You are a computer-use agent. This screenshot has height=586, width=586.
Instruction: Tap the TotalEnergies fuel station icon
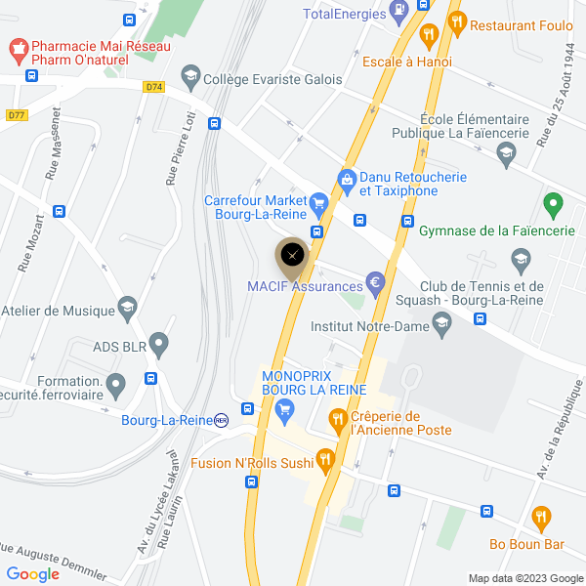tap(398, 12)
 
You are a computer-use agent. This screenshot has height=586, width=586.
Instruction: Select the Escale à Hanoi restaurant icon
tap(428, 37)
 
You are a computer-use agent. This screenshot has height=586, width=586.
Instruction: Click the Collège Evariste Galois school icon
tap(190, 76)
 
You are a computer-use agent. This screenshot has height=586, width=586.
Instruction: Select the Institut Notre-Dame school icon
tap(442, 324)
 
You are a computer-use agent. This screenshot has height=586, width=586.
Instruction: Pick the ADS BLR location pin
tap(158, 345)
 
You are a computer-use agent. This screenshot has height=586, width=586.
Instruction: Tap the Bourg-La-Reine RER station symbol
tap(222, 420)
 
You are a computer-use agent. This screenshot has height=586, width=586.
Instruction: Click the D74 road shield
tap(153, 86)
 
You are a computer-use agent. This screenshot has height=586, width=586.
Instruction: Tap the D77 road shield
tap(17, 115)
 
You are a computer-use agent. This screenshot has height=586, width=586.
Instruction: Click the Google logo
tap(32, 574)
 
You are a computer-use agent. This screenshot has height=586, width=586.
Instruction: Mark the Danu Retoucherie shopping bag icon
tap(346, 180)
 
